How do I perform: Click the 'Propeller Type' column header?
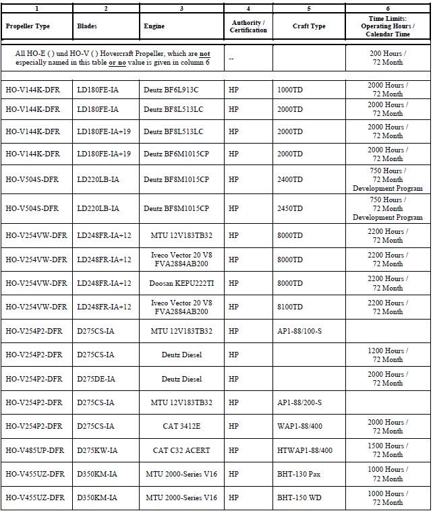pyautogui.click(x=28, y=26)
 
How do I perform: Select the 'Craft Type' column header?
pyautogui.click(x=309, y=26)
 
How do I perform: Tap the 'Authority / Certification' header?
pyautogui.click(x=248, y=26)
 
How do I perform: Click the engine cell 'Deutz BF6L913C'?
pyautogui.click(x=171, y=90)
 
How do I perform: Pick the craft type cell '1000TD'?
pyautogui.click(x=290, y=90)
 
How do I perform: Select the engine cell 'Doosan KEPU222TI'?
pyautogui.click(x=181, y=283)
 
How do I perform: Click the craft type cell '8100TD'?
pyautogui.click(x=290, y=307)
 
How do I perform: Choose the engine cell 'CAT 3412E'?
pyautogui.click(x=181, y=426)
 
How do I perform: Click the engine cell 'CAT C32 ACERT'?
pyautogui.click(x=181, y=450)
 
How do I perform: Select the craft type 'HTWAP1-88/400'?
pyautogui.click(x=305, y=450)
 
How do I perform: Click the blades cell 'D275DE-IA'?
pyautogui.click(x=96, y=379)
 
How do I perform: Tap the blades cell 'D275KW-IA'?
pyautogui.click(x=97, y=450)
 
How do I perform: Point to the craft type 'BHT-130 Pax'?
pyautogui.click(x=299, y=474)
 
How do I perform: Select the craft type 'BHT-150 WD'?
pyautogui.click(x=299, y=497)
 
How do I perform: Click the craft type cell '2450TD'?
pyautogui.click(x=290, y=208)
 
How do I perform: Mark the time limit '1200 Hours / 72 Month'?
pyautogui.click(x=388, y=355)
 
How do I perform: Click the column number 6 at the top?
pyautogui.click(x=388, y=8)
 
